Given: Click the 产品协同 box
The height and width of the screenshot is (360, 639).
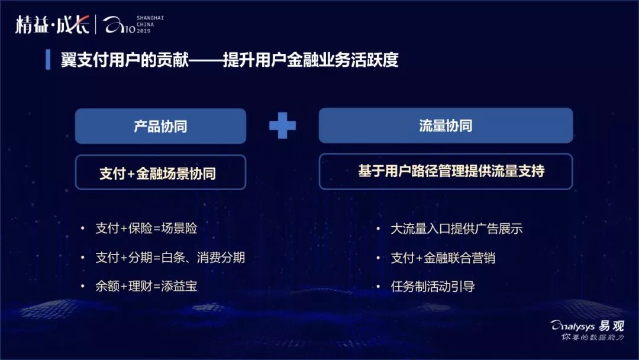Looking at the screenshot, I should tap(160, 126).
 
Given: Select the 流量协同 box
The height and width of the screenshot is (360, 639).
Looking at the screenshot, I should tap(446, 126).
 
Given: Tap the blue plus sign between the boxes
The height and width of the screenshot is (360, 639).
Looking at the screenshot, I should tap(282, 126).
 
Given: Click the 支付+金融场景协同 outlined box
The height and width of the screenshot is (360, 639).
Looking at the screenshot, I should tap(160, 172).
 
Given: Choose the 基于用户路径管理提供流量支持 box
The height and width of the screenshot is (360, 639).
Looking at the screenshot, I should tap(446, 172).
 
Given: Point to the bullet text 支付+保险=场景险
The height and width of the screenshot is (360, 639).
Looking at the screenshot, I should tap(146, 228).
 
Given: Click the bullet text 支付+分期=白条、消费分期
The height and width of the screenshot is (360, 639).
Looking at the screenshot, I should tap(170, 257).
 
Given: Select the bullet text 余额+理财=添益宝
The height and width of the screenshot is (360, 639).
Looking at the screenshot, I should tap(146, 286).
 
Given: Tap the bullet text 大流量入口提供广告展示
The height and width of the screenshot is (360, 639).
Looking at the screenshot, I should tap(456, 229).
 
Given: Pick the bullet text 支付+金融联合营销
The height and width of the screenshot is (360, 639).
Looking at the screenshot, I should tap(443, 258).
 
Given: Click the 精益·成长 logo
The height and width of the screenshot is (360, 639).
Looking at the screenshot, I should tap(52, 25).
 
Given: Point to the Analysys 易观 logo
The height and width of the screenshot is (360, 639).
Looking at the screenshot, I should tap(587, 325).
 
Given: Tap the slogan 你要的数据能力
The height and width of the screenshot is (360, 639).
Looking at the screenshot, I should tap(592, 337).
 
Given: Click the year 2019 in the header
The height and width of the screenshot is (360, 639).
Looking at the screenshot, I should tap(144, 31).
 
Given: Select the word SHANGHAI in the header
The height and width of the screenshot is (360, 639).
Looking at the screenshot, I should tap(150, 18).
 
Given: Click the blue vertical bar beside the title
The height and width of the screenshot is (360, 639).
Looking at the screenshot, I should tap(48, 60).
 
